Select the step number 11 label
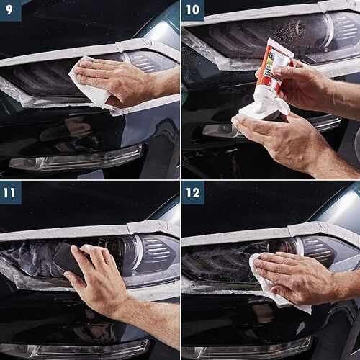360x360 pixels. pyautogui.click(x=10, y=192)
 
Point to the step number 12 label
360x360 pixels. pyautogui.click(x=192, y=192)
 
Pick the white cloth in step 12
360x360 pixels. pyautogui.click(x=274, y=288)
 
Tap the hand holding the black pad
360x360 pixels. pyautogui.click(x=101, y=277)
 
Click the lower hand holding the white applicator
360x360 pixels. pyautogui.click(x=288, y=137)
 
